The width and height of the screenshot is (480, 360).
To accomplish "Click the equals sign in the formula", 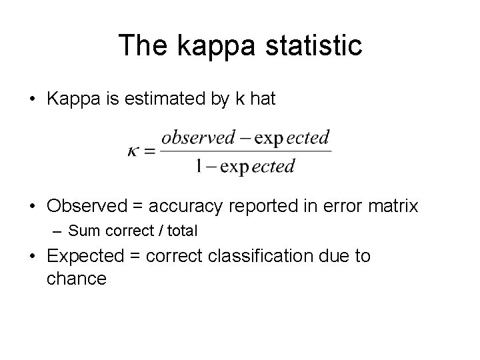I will (151, 151).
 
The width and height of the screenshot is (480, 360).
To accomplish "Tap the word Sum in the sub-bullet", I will (83, 231).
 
